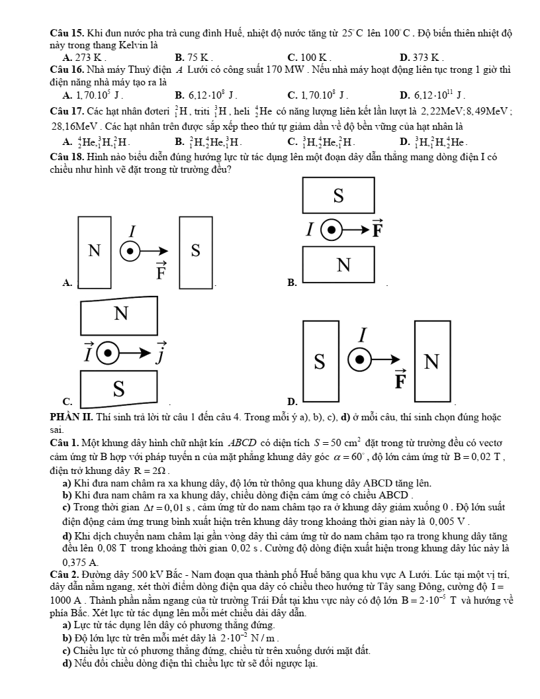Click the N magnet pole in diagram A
coord(95,251)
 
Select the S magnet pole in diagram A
coord(195,251)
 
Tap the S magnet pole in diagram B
coord(338,195)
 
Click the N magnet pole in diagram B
coord(343,265)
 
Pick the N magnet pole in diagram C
coord(120,312)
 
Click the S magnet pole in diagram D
coord(320,361)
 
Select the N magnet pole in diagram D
coord(431,361)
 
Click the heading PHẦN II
coord(73,417)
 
